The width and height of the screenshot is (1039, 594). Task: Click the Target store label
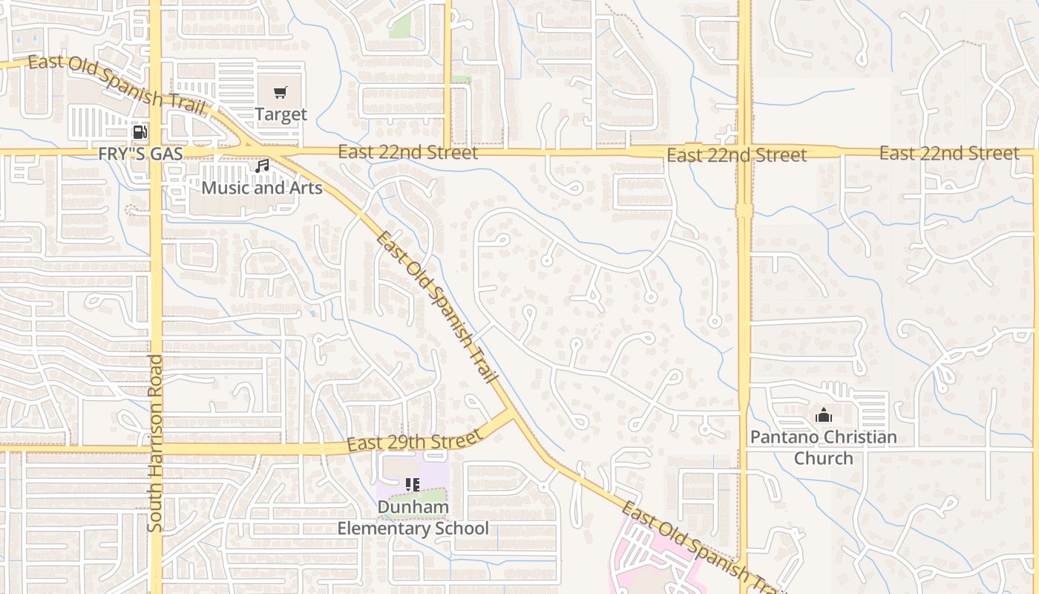click(x=281, y=114)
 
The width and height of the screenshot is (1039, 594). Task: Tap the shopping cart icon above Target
click(x=280, y=93)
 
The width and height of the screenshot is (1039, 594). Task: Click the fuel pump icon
click(x=139, y=133)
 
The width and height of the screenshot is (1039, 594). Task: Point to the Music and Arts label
click(x=262, y=187)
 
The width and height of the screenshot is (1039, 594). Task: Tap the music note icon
click(x=261, y=166)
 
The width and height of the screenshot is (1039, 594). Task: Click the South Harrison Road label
click(x=155, y=443)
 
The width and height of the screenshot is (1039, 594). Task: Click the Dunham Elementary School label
click(x=413, y=518)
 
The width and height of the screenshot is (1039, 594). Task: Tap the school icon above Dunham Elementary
click(x=413, y=485)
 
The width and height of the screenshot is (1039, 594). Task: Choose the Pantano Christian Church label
click(x=824, y=447)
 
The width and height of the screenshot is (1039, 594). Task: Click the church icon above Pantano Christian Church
click(x=824, y=415)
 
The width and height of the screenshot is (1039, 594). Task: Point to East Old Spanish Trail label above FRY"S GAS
click(x=117, y=82)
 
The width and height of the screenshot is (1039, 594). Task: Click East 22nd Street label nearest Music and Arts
click(x=408, y=152)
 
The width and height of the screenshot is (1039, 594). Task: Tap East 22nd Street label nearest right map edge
click(x=949, y=154)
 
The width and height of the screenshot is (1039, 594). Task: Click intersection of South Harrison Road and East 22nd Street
click(x=156, y=152)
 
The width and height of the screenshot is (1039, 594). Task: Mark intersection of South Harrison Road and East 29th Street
click(x=156, y=448)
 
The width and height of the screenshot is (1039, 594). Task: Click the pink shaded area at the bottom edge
click(x=653, y=564)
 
